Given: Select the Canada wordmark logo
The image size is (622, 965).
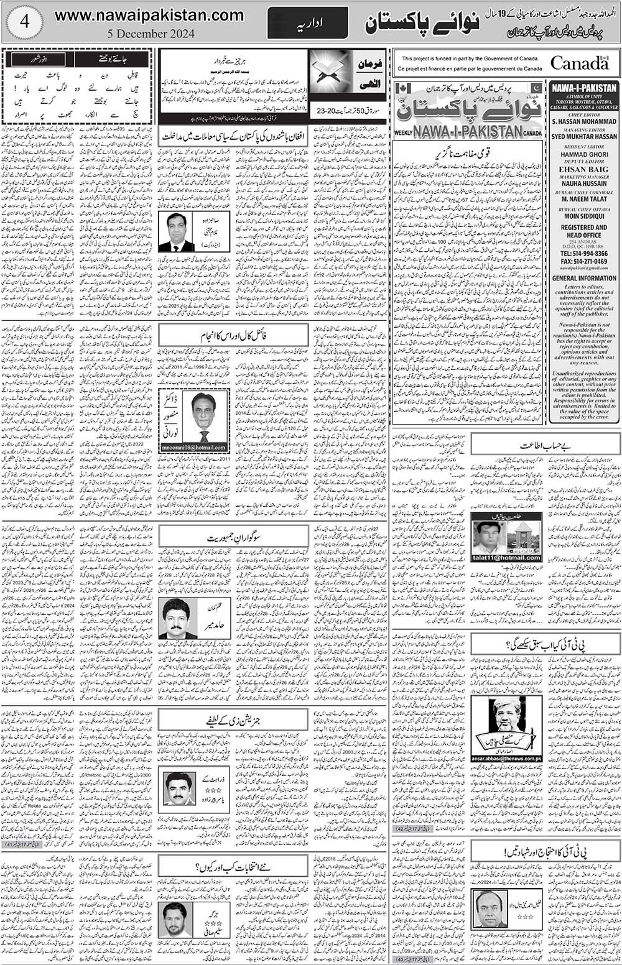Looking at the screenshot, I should click(x=579, y=63).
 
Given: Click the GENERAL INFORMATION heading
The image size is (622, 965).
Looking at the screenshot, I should click(x=584, y=279).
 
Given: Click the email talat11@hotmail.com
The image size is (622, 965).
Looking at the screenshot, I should click(x=506, y=558).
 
